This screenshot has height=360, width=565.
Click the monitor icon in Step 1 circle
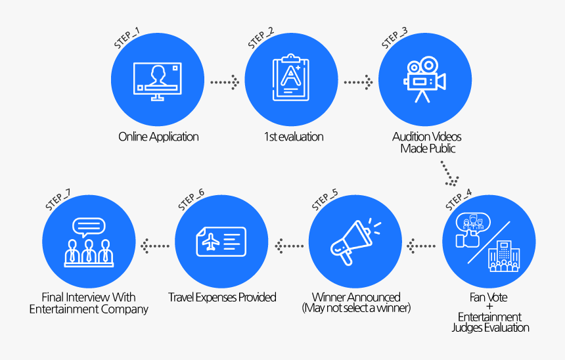(x=158, y=81)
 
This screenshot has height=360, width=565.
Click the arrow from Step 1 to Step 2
(x=225, y=83)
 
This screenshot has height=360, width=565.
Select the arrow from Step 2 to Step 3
(x=358, y=83)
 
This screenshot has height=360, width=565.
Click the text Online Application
(x=158, y=137)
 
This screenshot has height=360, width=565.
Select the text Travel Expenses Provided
(x=222, y=297)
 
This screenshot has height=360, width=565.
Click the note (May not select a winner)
(x=355, y=308)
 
